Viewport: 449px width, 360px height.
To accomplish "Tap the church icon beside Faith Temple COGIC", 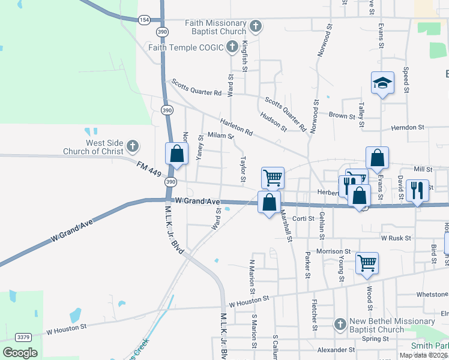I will pyautogui.click(x=233, y=47).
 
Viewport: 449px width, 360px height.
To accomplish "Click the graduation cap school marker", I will pyautogui.click(x=382, y=84).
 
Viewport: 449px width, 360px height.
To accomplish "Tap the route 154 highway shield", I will pyautogui.click(x=143, y=19).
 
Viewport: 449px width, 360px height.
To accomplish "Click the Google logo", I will pyautogui.click(x=20, y=352).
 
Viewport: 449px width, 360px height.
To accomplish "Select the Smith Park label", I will pyautogui.click(x=429, y=346).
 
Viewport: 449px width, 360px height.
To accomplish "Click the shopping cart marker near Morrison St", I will pyautogui.click(x=367, y=262).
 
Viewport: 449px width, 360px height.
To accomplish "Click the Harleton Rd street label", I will pyautogui.click(x=237, y=127).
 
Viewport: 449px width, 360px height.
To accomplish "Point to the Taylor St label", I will pyautogui.click(x=243, y=170).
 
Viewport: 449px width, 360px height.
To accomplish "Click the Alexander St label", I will pyautogui.click(x=336, y=350).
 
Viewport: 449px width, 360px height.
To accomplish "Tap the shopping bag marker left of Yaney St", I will pyautogui.click(x=176, y=153).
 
